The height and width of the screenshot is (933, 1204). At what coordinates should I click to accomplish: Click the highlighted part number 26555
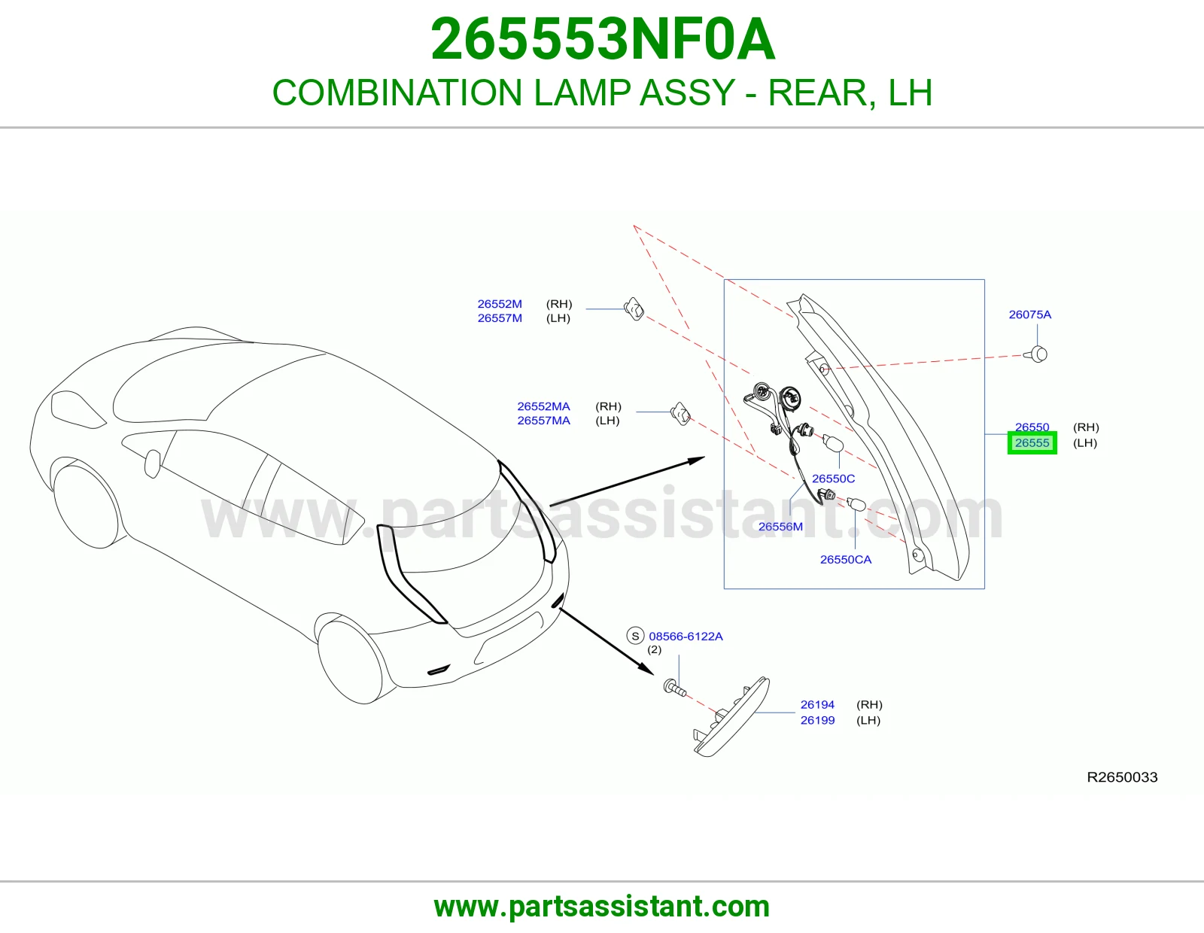point(1032,442)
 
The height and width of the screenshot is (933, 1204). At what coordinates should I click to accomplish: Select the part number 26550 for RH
point(1032,427)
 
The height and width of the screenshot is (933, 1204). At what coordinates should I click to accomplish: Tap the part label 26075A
point(1029,315)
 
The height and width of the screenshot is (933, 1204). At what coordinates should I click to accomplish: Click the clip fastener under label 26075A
point(1037,354)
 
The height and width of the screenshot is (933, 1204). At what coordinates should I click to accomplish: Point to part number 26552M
point(499,304)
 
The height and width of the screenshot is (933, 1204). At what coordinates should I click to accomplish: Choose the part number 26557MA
point(543,421)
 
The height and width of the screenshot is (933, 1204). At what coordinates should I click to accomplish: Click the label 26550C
point(833,479)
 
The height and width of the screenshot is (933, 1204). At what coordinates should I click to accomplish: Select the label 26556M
point(780,527)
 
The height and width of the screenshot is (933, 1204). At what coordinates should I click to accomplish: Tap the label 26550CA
point(846,560)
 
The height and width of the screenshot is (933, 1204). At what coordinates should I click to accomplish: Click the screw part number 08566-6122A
point(686,636)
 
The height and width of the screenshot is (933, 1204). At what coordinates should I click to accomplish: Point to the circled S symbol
point(635,636)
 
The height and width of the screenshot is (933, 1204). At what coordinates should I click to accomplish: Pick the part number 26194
point(817,704)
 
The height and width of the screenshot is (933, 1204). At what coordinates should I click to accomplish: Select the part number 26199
point(817,720)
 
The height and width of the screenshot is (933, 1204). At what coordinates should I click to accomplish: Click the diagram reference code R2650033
point(1122,777)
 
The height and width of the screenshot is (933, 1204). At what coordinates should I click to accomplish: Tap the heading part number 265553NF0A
point(602,39)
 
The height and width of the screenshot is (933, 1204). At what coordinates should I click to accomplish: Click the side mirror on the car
point(152,463)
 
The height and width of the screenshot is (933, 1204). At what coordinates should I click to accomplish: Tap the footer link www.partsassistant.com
point(602,907)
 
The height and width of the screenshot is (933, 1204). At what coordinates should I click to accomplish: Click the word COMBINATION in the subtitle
point(397,93)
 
